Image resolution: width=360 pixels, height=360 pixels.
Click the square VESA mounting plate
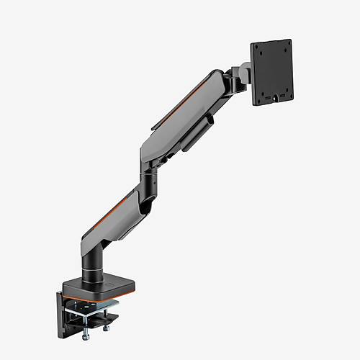(x=271, y=72)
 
